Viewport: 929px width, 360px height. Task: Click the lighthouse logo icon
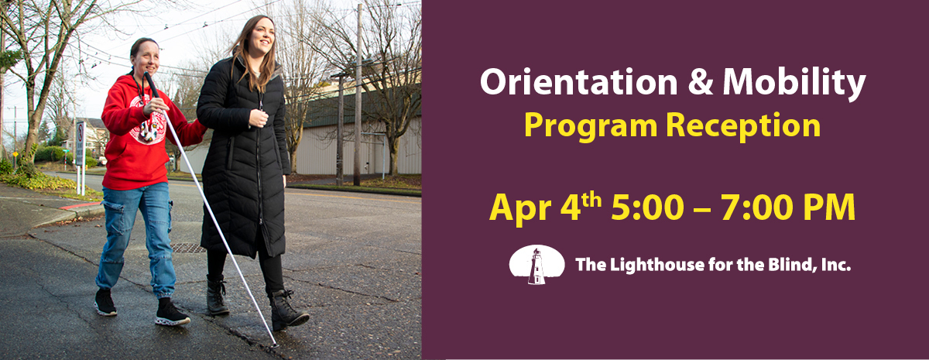click(x=536, y=265)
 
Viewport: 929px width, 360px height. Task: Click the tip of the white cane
click(x=275, y=344)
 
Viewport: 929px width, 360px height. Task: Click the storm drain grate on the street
click(x=188, y=248)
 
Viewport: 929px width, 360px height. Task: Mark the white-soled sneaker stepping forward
click(x=171, y=314)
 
